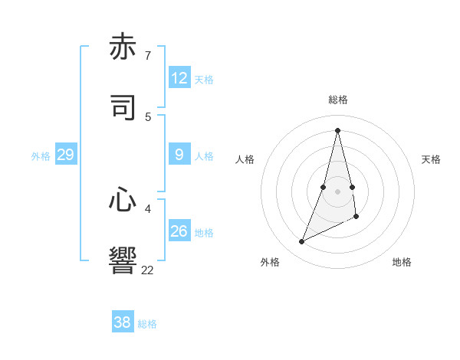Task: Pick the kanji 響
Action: pyautogui.click(x=123, y=260)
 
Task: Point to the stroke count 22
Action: pyautogui.click(x=147, y=270)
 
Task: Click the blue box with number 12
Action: pyautogui.click(x=179, y=78)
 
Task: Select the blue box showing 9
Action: pyautogui.click(x=179, y=155)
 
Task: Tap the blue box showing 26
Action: pyautogui.click(x=179, y=231)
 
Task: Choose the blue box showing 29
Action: pyautogui.click(x=65, y=155)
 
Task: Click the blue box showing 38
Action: pyautogui.click(x=122, y=322)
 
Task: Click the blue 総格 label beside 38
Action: pyautogui.click(x=147, y=324)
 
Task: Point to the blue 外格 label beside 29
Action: pyautogui.click(x=41, y=156)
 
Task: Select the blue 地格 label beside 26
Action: pyautogui.click(x=204, y=233)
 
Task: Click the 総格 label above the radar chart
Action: pyautogui.click(x=338, y=100)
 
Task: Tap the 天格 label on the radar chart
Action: pyautogui.click(x=431, y=159)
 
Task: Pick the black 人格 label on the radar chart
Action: pyautogui.click(x=245, y=159)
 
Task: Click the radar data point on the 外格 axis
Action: pyautogui.click(x=301, y=242)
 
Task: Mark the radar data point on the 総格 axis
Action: pyautogui.click(x=338, y=129)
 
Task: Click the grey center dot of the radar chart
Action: pyautogui.click(x=338, y=191)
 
